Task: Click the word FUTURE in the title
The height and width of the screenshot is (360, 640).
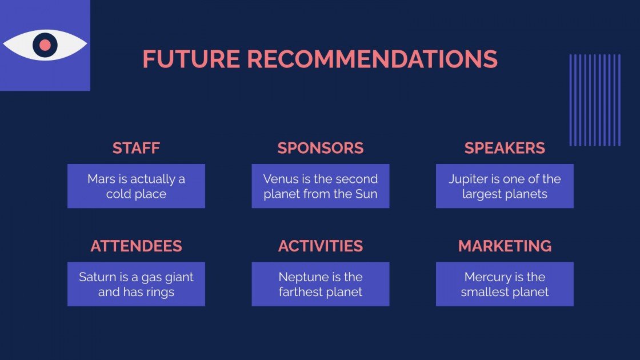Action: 191,59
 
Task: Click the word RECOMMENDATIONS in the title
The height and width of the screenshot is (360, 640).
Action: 372,59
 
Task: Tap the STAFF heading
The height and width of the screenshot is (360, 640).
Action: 136,148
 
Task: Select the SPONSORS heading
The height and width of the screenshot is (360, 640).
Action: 321,148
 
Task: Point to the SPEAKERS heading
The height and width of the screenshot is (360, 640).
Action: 505,148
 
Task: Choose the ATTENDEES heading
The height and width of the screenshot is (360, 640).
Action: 136,246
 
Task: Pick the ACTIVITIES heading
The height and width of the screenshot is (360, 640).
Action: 321,246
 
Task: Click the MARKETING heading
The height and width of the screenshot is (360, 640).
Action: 505,246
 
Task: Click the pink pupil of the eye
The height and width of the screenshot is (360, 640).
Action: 45,45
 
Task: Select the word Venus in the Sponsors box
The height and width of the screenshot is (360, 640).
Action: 279,179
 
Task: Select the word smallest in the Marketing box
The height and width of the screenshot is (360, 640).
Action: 485,292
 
